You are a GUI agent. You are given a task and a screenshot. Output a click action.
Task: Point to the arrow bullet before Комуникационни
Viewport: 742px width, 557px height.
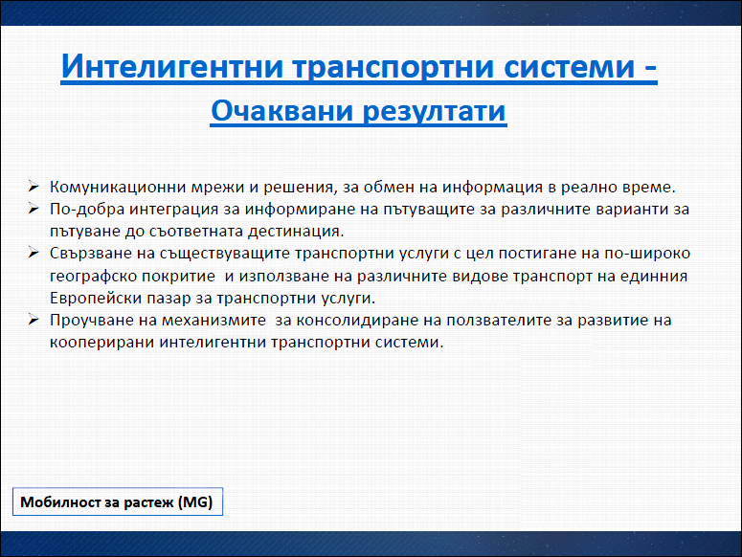coord(34,187)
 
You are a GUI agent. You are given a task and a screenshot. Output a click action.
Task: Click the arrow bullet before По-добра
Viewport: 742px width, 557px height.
coord(34,208)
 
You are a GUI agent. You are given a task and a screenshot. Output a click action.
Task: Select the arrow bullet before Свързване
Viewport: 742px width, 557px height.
coord(34,253)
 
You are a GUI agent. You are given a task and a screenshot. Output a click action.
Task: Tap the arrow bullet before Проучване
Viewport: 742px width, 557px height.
coord(34,320)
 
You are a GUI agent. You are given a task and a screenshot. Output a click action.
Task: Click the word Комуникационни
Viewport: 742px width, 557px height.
coord(118,188)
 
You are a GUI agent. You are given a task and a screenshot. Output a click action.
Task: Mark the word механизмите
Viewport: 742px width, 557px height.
coord(214,321)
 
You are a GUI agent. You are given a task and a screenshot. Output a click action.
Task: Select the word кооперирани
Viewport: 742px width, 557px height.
coord(102,343)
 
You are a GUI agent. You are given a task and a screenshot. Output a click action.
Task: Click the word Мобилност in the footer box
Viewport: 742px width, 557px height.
coord(59,501)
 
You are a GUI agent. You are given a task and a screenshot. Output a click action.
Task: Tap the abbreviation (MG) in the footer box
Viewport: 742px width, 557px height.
coord(195,501)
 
